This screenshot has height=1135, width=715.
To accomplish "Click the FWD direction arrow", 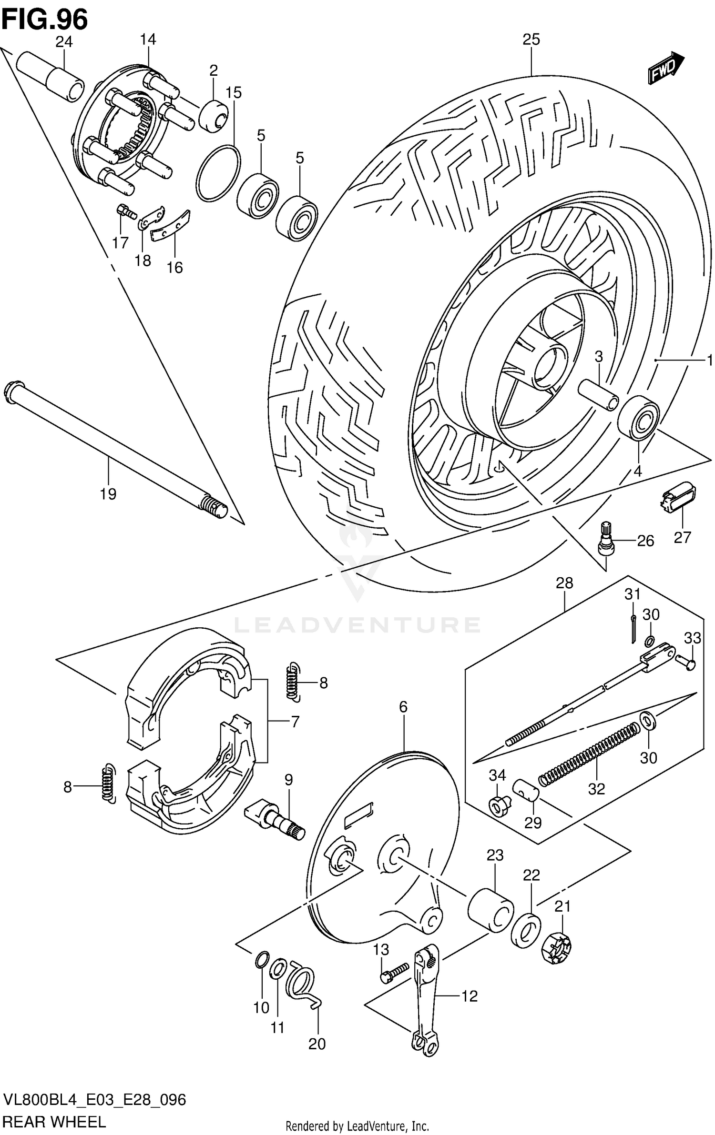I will click(x=665, y=68).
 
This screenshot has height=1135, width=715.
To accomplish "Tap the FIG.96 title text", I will click(x=45, y=20).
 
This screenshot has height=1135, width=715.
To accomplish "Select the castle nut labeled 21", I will click(x=556, y=947).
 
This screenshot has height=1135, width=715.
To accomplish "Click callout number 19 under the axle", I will click(x=108, y=494).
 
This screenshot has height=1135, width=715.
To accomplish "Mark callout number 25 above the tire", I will click(x=531, y=40).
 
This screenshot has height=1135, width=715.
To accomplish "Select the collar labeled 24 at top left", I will click(x=51, y=77).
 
